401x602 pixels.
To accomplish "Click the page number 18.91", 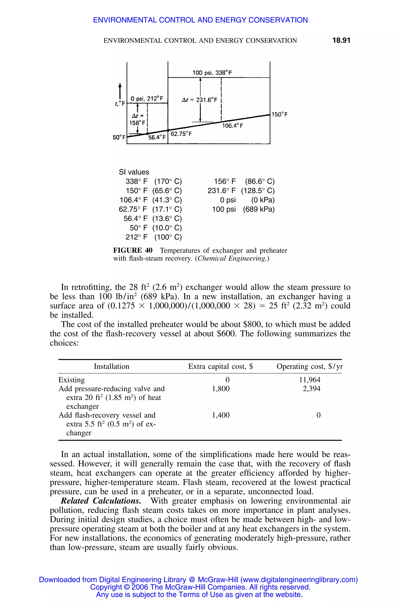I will (341, 40).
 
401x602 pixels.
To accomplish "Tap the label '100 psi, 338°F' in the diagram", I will (212, 73).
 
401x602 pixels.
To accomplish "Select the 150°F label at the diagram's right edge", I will (280, 114).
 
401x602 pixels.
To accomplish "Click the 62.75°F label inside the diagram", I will (181, 134).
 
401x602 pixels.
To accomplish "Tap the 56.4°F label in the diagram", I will (157, 137).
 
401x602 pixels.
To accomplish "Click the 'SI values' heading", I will (134, 172).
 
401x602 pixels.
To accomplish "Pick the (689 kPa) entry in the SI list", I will (258, 209).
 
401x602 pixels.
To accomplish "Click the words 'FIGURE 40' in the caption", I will (133, 250).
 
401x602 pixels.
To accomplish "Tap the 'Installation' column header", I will (111, 366).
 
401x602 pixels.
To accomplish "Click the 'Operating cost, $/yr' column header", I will (309, 366).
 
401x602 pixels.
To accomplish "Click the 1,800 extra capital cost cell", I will (221, 389).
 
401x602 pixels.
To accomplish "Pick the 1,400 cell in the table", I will (221, 415).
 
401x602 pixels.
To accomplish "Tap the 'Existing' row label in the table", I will (72, 380).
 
